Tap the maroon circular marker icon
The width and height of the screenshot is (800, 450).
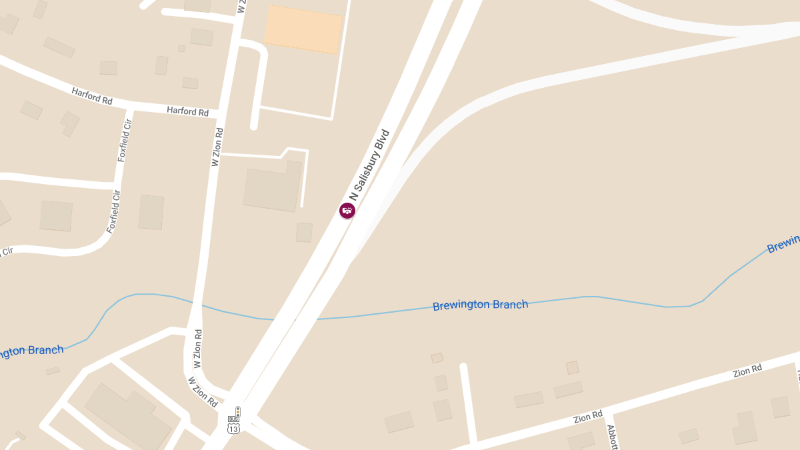coord(347,211)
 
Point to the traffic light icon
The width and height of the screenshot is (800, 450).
coord(237,411)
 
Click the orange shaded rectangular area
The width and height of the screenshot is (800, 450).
coord(303,29)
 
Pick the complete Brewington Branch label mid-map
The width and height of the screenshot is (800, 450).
coord(480,305)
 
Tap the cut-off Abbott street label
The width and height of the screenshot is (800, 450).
coord(613,437)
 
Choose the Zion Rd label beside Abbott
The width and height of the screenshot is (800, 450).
coord(588,418)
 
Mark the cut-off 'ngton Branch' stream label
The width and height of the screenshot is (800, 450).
coord(31,351)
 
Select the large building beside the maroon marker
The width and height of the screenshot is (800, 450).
coord(273,189)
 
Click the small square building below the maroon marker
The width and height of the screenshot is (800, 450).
coord(304,232)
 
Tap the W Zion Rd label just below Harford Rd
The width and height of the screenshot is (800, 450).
coord(217,147)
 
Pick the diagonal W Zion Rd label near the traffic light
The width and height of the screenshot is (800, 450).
coord(203,392)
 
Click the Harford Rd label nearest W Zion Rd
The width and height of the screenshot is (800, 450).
coord(187,111)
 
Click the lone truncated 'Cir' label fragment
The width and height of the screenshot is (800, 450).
coord(7,251)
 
